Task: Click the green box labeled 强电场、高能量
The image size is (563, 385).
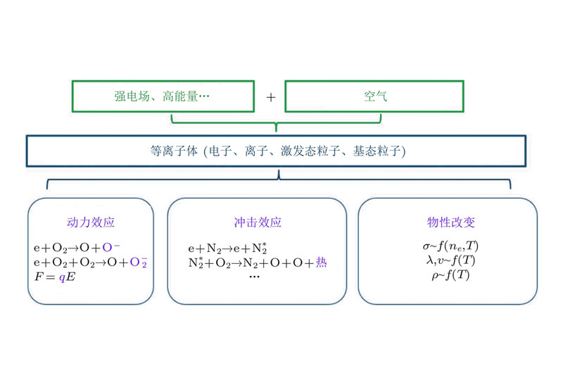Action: (163, 96)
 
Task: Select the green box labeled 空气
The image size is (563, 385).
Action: (374, 96)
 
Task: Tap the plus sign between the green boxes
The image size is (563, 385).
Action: (270, 97)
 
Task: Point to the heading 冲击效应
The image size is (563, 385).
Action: (257, 222)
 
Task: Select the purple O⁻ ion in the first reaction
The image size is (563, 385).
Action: (112, 248)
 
